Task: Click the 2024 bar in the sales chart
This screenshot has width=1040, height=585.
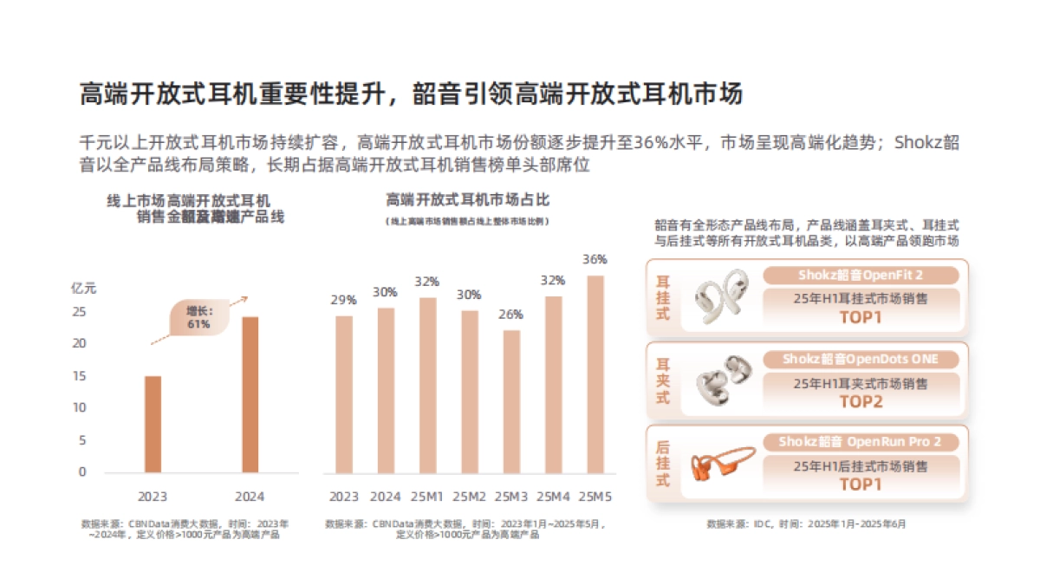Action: point(250,394)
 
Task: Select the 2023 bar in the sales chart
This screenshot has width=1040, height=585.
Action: point(153,424)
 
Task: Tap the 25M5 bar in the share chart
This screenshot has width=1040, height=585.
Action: point(595,374)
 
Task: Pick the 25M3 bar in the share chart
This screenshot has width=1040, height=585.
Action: point(512,401)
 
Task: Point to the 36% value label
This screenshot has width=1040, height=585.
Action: point(595,259)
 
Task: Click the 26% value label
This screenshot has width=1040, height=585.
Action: point(511,314)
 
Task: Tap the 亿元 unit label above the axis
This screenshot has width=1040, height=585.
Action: point(83,289)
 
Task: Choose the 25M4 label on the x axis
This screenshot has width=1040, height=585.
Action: point(553,497)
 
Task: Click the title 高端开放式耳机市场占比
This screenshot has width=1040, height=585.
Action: point(468,200)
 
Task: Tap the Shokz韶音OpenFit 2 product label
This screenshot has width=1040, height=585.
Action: point(861,276)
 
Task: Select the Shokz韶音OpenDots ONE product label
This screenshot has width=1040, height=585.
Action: point(861,359)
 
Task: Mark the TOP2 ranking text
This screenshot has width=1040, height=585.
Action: point(861,401)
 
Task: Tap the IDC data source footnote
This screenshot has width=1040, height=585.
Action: point(806,524)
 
